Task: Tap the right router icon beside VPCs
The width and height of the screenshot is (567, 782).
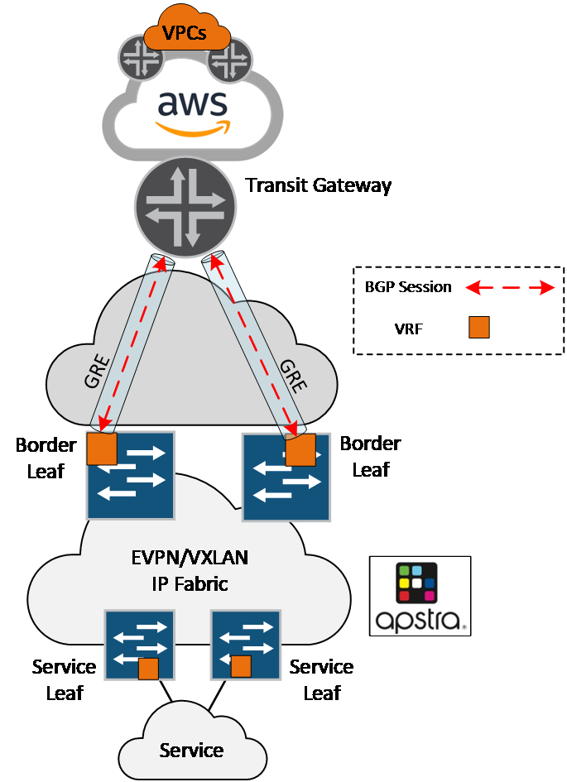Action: coord(229,60)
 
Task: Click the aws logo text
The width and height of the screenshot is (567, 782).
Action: coord(192,106)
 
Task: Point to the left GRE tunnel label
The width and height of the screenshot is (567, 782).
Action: coord(98,372)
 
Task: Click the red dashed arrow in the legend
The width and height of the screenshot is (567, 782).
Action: coord(509,288)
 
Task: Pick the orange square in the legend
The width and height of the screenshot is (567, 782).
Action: coord(479,328)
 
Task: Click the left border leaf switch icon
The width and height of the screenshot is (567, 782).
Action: coord(131,475)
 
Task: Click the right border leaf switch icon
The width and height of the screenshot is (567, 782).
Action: coord(286,477)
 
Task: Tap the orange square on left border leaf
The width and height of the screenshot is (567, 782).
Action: coord(102,449)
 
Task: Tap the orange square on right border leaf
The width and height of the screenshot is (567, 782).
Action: coord(300,451)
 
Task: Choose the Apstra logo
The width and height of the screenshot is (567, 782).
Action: coord(420,596)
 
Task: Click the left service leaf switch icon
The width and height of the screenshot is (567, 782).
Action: coord(139,645)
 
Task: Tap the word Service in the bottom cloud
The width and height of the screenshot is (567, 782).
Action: coord(191,751)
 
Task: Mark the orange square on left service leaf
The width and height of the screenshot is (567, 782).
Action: coord(148,669)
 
